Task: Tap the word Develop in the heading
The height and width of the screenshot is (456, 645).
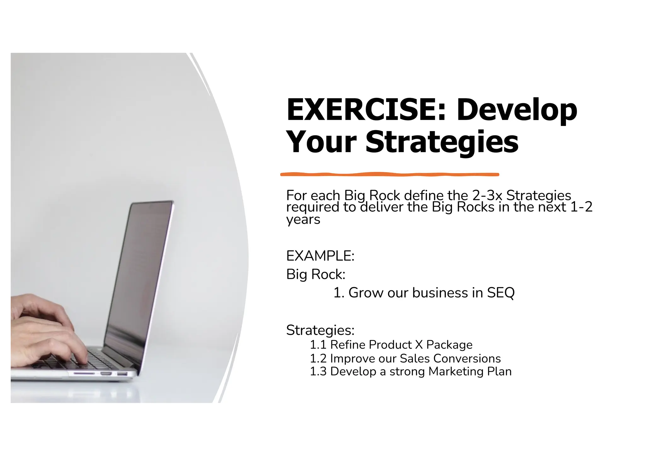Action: click(517, 110)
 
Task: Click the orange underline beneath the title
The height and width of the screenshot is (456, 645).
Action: click(390, 174)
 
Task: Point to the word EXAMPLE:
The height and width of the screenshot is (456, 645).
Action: click(320, 256)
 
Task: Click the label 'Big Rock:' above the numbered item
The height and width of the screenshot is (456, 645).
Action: click(316, 274)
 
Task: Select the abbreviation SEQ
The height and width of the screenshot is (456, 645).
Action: click(501, 293)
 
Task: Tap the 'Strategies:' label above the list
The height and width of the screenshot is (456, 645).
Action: click(320, 330)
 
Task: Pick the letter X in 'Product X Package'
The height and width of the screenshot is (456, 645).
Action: click(419, 345)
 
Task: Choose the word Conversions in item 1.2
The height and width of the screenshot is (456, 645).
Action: click(467, 359)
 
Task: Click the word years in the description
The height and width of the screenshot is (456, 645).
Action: click(303, 220)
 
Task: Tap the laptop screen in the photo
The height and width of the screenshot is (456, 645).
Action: click(139, 277)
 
